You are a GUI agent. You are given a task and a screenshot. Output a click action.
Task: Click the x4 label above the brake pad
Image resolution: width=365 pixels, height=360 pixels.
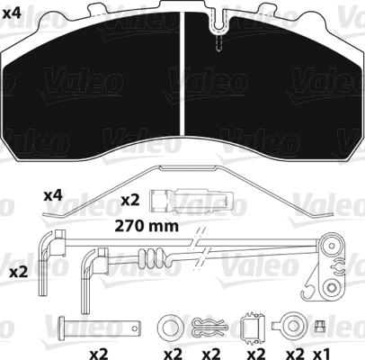[x=13, y=12]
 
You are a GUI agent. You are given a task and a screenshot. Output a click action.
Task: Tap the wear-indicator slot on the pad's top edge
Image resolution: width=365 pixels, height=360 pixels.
[x=217, y=36]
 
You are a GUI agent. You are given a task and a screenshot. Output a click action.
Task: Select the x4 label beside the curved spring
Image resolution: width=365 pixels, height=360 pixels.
[x=55, y=194]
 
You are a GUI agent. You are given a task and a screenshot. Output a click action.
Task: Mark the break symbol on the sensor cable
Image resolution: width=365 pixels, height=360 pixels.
[x=199, y=249]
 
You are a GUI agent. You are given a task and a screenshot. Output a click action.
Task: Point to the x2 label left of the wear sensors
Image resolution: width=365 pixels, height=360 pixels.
[x=17, y=271]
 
